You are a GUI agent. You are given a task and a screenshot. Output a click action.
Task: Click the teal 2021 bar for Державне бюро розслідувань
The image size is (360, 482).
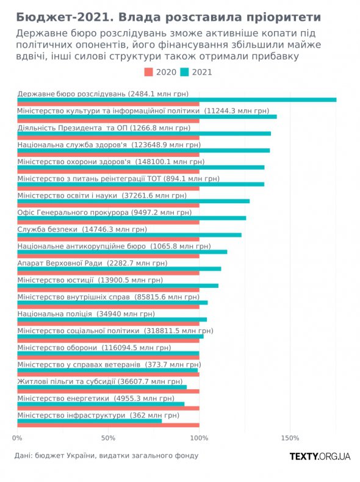pyautogui.click(x=177, y=99)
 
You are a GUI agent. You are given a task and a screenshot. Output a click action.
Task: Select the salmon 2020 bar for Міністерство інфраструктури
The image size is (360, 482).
pyautogui.click(x=108, y=425)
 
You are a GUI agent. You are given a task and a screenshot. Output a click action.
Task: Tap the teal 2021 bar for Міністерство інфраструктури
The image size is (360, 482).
pyautogui.click(x=90, y=421)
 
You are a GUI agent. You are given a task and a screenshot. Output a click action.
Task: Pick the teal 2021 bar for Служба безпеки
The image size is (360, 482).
pyautogui.click(x=129, y=235)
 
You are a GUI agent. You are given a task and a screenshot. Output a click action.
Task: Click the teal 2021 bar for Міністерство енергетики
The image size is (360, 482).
pyautogui.click(x=101, y=404)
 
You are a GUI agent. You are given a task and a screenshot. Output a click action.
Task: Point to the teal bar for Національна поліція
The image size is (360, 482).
pyautogui.click(x=112, y=319)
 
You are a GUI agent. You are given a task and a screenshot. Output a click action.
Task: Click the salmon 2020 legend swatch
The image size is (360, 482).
pyautogui.click(x=148, y=72)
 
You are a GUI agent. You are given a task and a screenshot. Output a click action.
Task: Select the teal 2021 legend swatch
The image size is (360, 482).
pyautogui.click(x=184, y=72)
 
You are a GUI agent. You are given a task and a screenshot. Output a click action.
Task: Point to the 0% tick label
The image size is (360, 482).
pyautogui.click(x=17, y=438)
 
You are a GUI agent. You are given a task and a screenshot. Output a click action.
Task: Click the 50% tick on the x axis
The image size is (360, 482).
pyautogui.click(x=108, y=438)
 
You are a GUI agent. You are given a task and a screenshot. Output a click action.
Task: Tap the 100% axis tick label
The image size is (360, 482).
pyautogui.click(x=199, y=438)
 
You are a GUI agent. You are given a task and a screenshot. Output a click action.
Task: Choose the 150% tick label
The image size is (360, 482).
pyautogui.click(x=290, y=438)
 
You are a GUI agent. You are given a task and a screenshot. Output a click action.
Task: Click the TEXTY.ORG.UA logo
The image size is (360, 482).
pyautogui.click(x=320, y=456)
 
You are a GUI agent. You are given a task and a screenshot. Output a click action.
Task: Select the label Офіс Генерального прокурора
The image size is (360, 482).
pyautogui.click(x=73, y=212)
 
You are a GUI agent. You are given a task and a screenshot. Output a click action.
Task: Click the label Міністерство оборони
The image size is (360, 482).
pyautogui.click(x=57, y=348)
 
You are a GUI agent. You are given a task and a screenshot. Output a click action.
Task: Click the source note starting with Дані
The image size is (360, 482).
pyautogui.click(x=106, y=456)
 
